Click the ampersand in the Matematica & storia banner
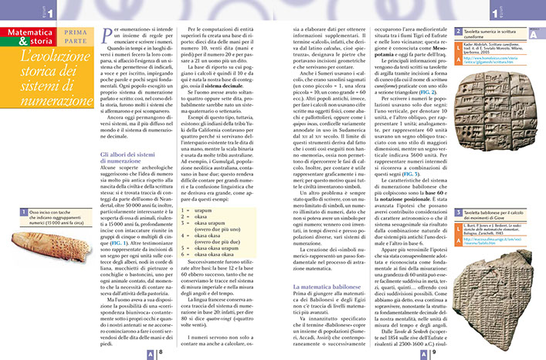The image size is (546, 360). point(63,32)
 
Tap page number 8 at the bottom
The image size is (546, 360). point(160,352)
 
